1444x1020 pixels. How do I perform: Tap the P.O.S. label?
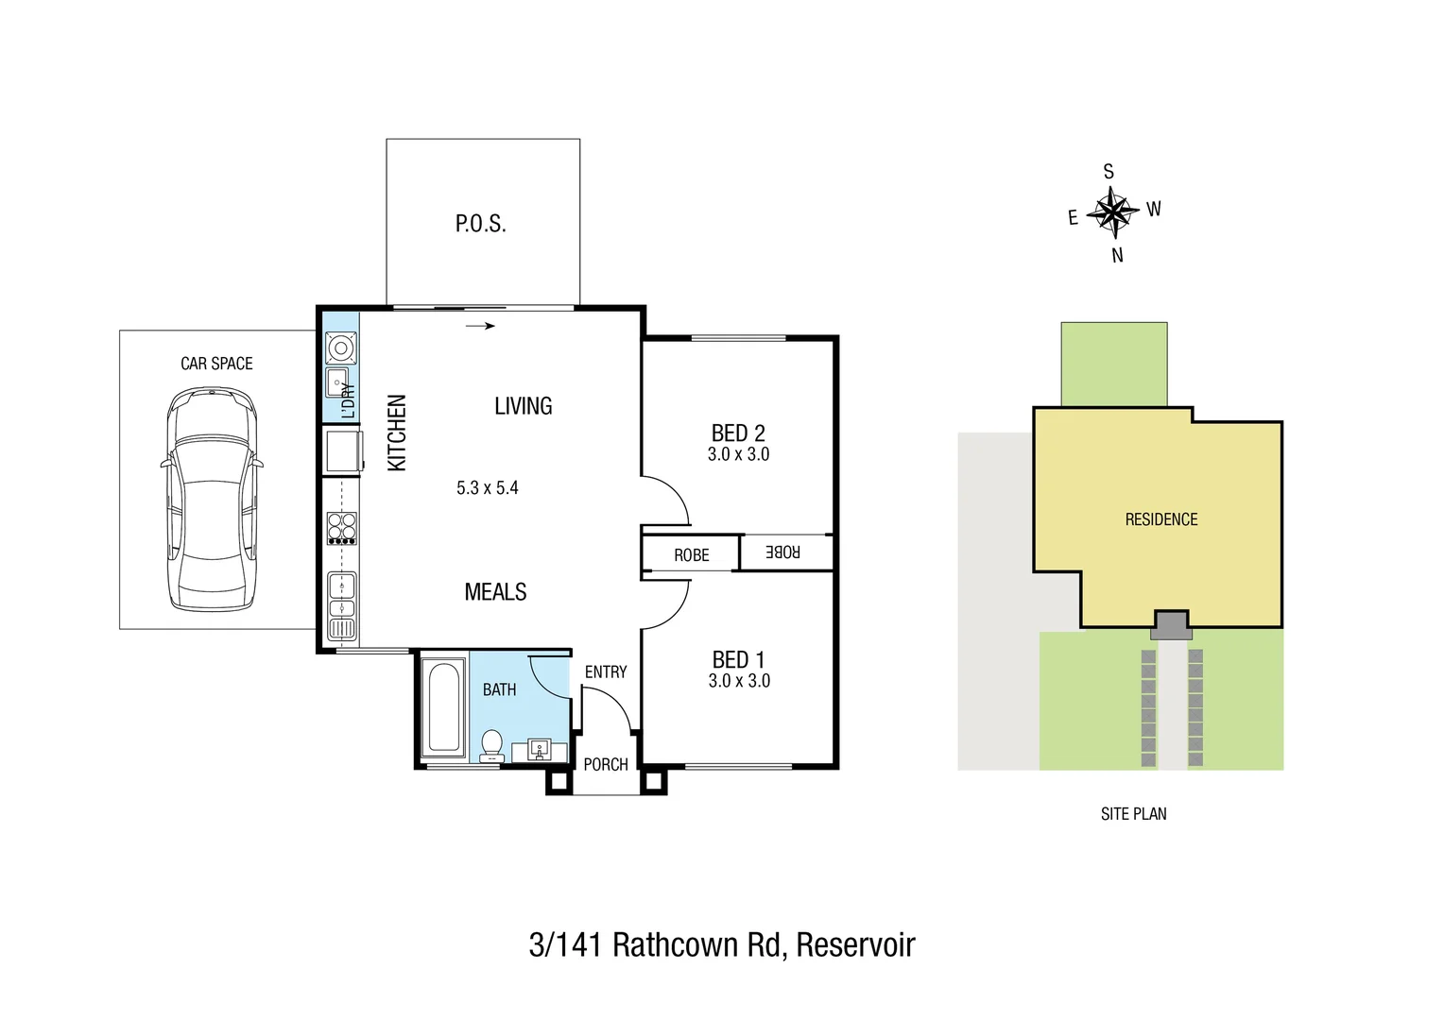click(x=480, y=224)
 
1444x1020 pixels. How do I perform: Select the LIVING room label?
click(x=523, y=406)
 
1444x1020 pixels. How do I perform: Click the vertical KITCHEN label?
click(x=397, y=433)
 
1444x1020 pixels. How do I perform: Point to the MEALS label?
click(x=495, y=592)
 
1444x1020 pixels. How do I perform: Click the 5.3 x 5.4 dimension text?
click(x=487, y=488)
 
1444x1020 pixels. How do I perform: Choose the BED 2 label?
click(x=738, y=433)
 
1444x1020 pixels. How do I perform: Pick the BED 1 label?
click(x=738, y=660)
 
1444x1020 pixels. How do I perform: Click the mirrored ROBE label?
click(x=782, y=552)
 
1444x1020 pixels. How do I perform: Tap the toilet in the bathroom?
click(x=491, y=745)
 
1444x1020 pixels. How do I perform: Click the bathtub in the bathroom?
click(x=441, y=707)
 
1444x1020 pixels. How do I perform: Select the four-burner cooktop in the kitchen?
click(x=341, y=527)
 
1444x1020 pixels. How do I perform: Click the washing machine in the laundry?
click(x=341, y=348)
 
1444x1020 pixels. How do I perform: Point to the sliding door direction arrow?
click(x=481, y=327)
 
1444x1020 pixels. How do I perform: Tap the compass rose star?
click(x=1113, y=212)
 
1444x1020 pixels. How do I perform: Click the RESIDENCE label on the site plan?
click(x=1160, y=519)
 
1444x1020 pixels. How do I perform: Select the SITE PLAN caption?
click(x=1133, y=814)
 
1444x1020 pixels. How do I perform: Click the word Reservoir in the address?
click(x=855, y=944)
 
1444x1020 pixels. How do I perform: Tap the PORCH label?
click(x=605, y=764)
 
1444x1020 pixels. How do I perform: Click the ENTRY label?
click(x=605, y=671)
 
